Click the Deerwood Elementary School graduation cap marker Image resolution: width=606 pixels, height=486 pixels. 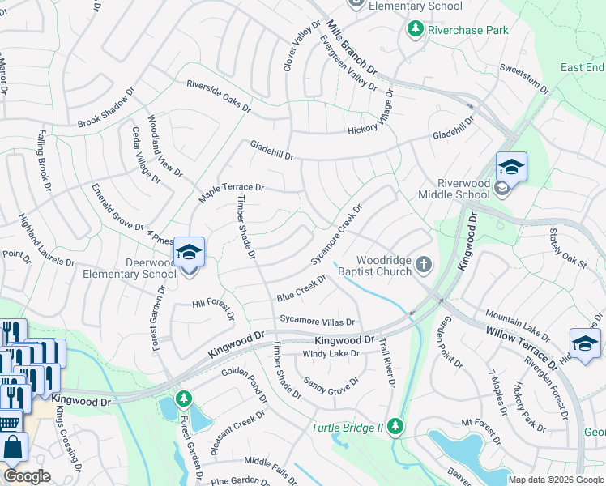(188, 252)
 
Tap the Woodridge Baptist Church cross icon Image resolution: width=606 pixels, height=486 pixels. (423, 265)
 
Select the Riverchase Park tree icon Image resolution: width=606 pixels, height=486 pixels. (416, 30)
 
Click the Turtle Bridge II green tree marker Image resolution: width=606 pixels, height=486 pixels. (395, 426)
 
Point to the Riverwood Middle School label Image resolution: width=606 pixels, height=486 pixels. (454, 189)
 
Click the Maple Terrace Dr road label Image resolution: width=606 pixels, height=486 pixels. (232, 193)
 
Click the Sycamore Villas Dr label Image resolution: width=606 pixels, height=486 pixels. (318, 321)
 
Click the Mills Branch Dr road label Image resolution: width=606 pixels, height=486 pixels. (354, 51)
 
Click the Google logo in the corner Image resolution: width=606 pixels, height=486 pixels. (28, 475)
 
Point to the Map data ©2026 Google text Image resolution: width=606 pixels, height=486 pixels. (556, 480)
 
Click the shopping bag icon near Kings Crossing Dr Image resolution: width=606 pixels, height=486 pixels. (13, 447)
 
